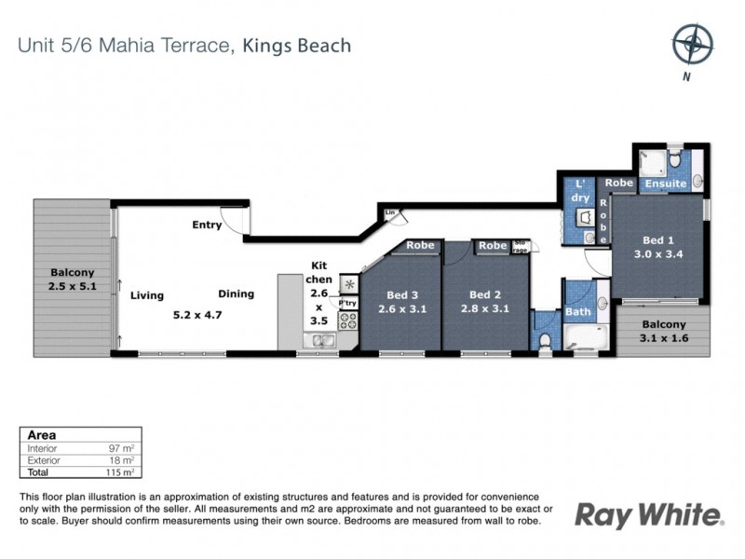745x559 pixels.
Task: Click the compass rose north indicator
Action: [692, 43]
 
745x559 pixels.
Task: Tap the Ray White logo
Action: [648, 514]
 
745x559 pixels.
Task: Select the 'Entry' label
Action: [207, 225]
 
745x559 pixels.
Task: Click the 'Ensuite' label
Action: [666, 184]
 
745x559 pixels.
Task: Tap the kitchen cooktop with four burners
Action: [349, 321]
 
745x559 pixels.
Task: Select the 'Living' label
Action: [147, 295]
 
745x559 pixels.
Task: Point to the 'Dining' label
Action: [237, 294]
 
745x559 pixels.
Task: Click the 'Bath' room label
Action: [577, 312]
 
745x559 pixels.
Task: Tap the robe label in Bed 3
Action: [420, 247]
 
